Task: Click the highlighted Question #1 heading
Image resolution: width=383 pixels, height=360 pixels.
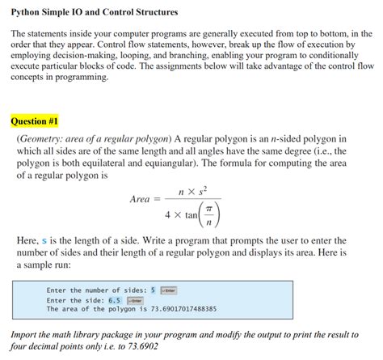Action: click(35, 121)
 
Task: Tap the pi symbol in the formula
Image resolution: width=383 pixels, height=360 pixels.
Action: click(208, 207)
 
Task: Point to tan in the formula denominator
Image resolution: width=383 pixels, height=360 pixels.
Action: click(191, 215)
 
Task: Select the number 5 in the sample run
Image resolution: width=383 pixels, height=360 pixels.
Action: click(152, 290)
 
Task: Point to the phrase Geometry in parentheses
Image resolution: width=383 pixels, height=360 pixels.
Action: click(42, 139)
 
